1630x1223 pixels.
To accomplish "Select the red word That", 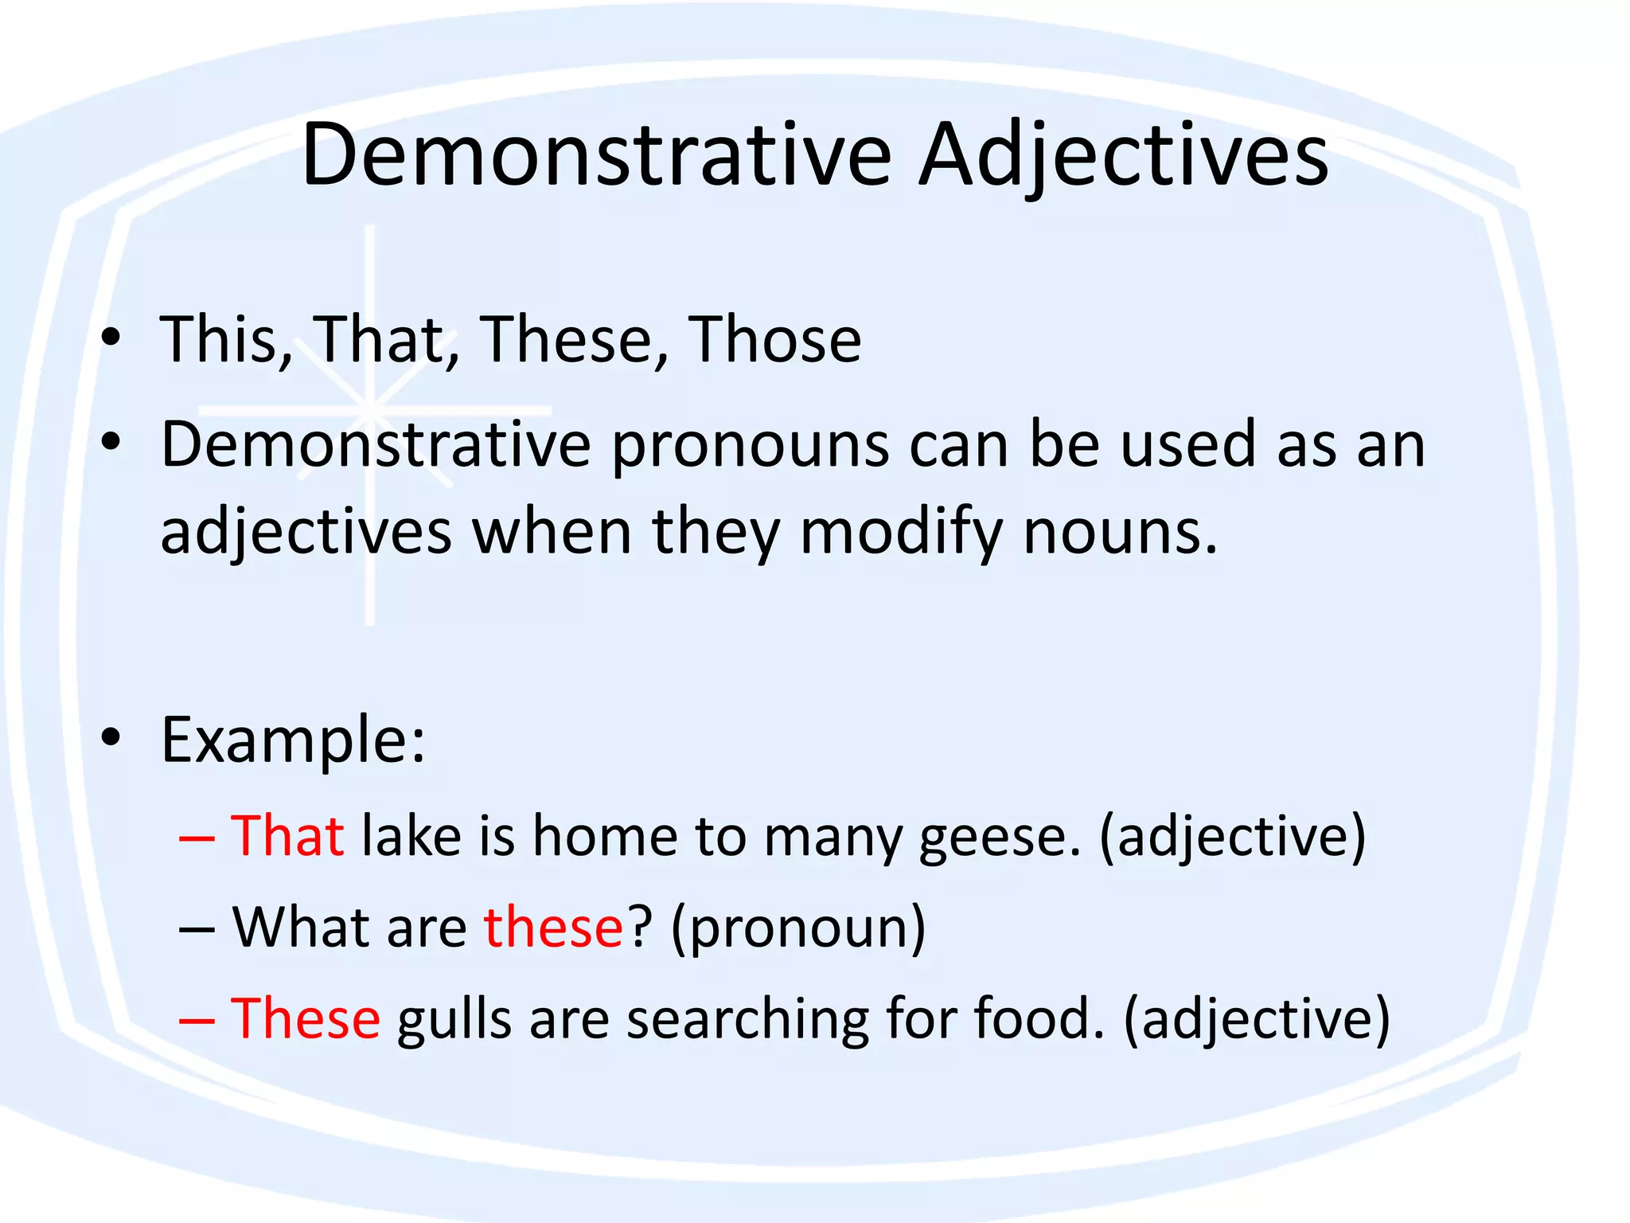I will pos(287,836).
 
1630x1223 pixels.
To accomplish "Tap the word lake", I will pos(411,836).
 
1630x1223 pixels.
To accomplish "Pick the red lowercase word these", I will pos(553,928).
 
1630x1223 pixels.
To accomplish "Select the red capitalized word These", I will pos(306,1019).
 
